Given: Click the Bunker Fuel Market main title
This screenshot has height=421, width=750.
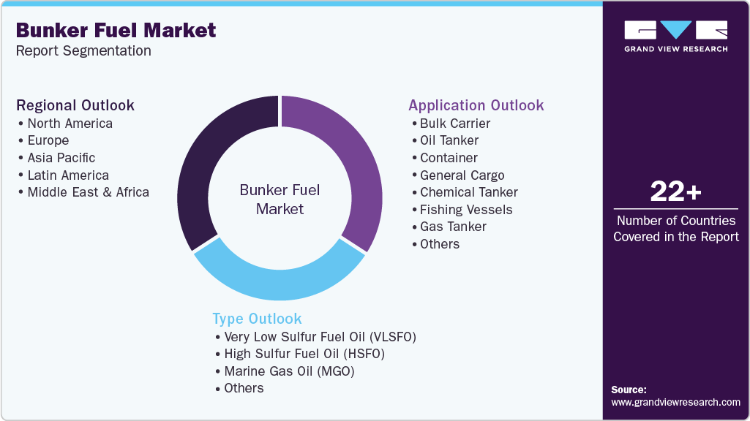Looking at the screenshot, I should pos(116,30).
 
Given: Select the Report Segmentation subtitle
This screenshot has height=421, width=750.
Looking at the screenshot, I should pos(83,51).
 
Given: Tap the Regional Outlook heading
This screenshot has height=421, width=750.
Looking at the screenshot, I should pos(75,105).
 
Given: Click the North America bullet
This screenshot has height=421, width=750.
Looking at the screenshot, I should pos(70,124).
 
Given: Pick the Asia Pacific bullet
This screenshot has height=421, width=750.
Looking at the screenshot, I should pos(61,158).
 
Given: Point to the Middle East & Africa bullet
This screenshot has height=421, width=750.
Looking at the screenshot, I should pos(88,192).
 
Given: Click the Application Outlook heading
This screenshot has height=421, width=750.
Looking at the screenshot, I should pos(476,105).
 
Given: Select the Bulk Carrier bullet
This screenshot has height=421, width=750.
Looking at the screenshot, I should pos(454,124).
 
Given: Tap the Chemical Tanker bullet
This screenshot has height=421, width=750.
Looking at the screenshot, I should pos(468,192).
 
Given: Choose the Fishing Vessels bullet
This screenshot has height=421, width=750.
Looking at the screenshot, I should pos(465,210).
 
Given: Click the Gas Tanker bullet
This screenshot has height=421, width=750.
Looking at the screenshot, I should pos(453,227).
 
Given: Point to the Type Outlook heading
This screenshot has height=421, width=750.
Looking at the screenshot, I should pos(257,319).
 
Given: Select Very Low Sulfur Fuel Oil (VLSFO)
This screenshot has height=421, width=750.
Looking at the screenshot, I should pos(320,337).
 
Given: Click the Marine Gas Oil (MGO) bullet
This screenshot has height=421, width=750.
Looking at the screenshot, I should pos(289,371).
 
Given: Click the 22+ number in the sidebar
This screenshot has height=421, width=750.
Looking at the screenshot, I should pos(675,192).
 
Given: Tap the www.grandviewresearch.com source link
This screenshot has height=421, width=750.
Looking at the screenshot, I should pos(675,402).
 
